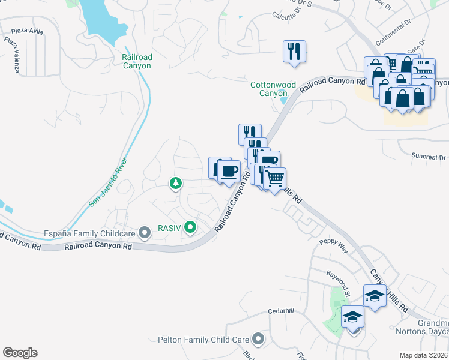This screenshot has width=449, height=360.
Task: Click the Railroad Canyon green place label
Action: pos(137,61)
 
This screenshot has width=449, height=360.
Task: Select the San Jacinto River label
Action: pos(109,183)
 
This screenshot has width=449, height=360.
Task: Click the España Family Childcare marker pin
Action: pos(144,232)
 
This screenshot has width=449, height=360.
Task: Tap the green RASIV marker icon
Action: pos(190,227)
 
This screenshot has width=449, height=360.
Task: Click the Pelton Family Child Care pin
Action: pos(258,340)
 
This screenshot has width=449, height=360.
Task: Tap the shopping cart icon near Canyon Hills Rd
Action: pos(275,178)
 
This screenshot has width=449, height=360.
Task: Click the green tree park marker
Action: pos(176,182)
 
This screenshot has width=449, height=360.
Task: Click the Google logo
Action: pos(20,353)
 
